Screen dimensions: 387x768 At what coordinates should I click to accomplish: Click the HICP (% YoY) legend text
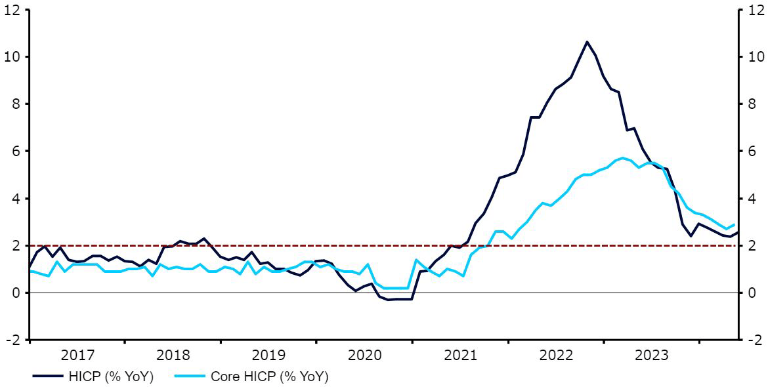[112, 377]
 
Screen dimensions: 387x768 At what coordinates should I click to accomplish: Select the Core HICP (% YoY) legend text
[269, 377]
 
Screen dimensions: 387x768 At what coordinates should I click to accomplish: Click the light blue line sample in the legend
[189, 377]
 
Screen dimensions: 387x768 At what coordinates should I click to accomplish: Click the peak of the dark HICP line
[587, 42]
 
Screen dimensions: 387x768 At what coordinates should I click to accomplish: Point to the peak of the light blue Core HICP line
[622, 158]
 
